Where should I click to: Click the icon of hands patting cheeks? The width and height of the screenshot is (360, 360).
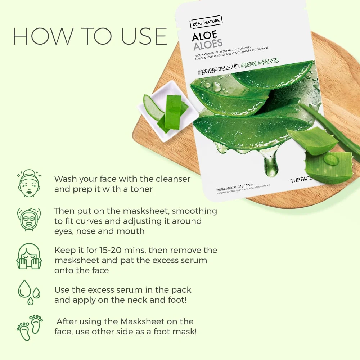point(29,256)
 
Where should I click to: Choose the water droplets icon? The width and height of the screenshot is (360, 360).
point(29,292)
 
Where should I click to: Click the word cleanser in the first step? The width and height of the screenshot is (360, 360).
point(172,179)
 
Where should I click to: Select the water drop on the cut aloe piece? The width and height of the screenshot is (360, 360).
point(331,159)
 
